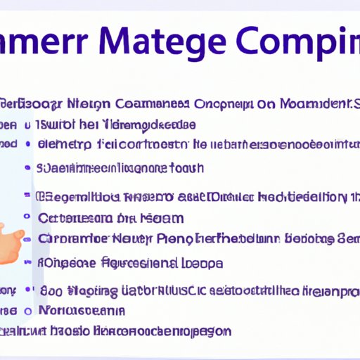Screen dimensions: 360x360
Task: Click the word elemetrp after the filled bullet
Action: coord(63,145)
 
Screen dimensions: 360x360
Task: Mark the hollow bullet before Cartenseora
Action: coord(27,218)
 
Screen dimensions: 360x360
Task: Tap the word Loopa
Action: coord(205,264)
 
